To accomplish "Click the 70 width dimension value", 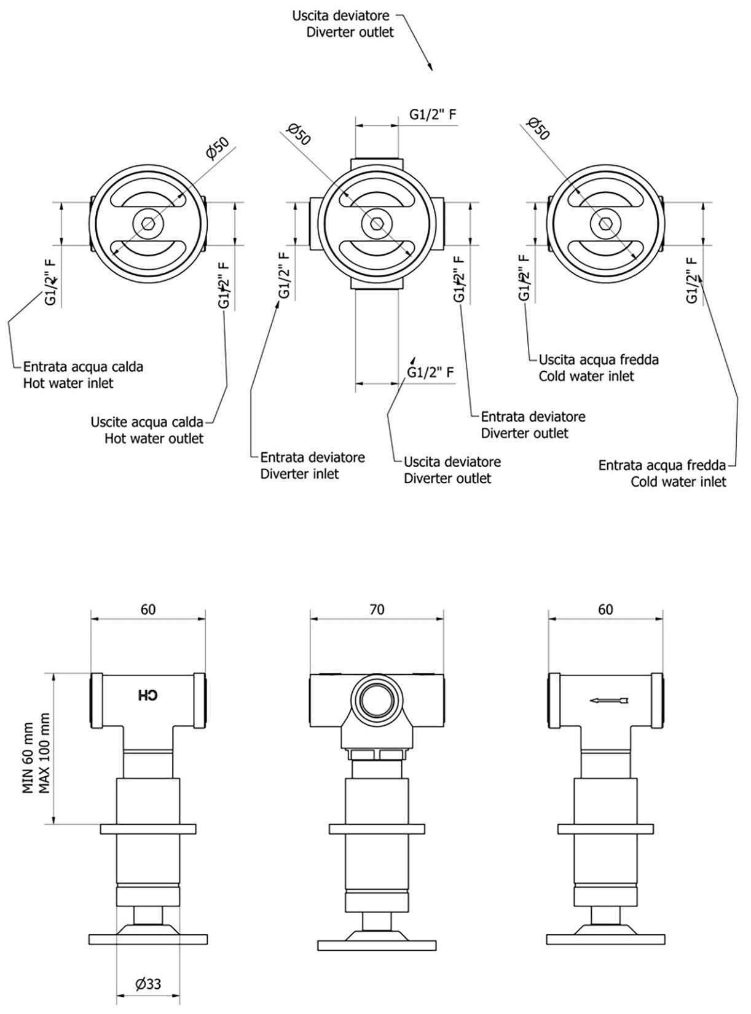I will (x=377, y=609).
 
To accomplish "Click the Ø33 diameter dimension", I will (x=148, y=984).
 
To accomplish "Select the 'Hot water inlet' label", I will (x=68, y=383).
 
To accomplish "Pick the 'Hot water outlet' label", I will (x=154, y=439).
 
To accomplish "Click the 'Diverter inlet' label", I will (x=299, y=474).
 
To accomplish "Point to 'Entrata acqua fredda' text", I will (x=662, y=465).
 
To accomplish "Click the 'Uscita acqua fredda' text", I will (x=599, y=360).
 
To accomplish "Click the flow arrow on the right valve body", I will (x=609, y=700).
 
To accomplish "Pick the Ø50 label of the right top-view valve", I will (x=538, y=128).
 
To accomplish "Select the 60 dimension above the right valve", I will (x=605, y=609).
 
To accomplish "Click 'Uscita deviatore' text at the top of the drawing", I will (x=340, y=15).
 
